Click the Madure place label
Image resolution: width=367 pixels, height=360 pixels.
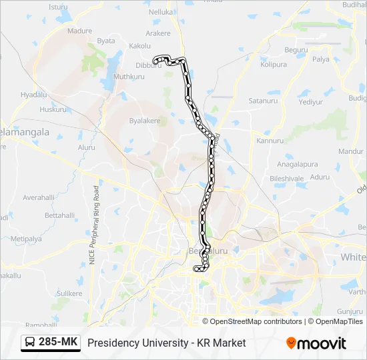pyautogui.click(x=79, y=31)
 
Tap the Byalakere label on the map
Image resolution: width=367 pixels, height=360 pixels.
pyautogui.click(x=145, y=121)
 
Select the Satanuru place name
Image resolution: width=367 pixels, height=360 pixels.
pyautogui.click(x=262, y=101)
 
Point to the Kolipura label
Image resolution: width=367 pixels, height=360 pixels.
pyautogui.click(x=274, y=65)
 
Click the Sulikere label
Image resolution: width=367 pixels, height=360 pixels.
pyautogui.click(x=69, y=293)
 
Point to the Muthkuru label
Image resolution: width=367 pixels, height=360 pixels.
pyautogui.click(x=129, y=77)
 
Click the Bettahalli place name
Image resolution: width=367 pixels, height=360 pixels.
pyautogui.click(x=59, y=215)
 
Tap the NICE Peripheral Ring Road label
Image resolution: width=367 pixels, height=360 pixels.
pyautogui.click(x=96, y=225)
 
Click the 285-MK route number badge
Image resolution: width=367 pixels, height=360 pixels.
pyautogui.click(x=59, y=343)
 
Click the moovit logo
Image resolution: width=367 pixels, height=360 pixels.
pyautogui.click(x=316, y=343)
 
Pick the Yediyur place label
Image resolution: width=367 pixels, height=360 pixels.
pyautogui.click(x=310, y=102)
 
